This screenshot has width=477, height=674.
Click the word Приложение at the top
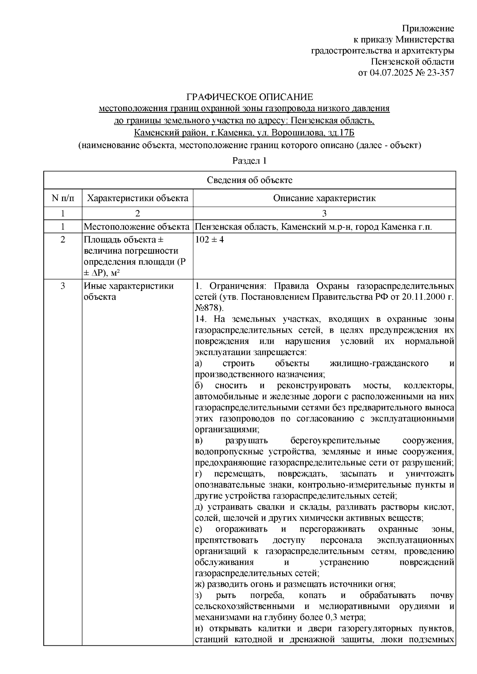428,29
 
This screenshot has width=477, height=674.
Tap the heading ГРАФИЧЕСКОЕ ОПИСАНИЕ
250,97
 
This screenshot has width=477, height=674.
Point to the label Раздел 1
249,161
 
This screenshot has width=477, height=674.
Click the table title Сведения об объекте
250,180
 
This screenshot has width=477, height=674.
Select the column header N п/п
62,198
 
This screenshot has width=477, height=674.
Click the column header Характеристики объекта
138,198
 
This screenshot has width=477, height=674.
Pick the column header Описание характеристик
324,198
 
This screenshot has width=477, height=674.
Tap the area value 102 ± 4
210,240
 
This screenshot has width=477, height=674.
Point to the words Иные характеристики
128,286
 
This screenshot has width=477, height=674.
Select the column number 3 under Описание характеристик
324,214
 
